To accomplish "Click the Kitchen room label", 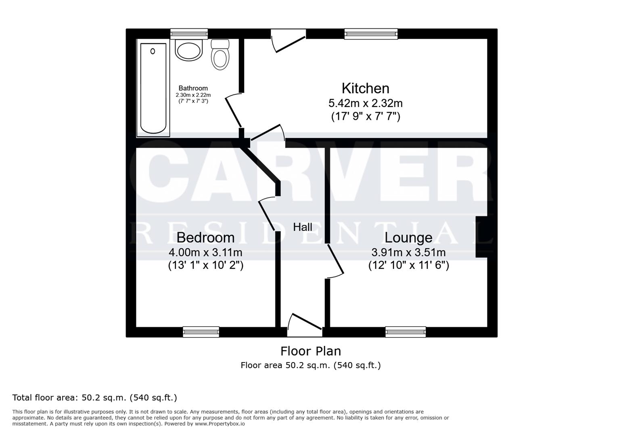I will click(365, 88).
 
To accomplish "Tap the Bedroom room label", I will click(205, 237).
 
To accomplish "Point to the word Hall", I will click(302, 227).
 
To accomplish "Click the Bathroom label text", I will click(193, 88).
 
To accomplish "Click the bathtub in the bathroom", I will click(153, 89).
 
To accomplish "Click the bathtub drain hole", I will click(153, 51).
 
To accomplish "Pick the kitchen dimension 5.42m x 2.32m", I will click(365, 103).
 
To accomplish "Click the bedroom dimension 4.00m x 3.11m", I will click(205, 252).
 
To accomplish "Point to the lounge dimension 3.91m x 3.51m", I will click(408, 252).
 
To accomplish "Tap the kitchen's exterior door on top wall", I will click(288, 40).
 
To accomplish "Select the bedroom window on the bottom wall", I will click(201, 332).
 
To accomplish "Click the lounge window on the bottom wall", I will click(405, 332).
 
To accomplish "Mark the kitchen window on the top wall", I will click(370, 34).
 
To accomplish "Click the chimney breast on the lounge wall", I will click(481, 237).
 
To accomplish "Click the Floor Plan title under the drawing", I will click(310, 351).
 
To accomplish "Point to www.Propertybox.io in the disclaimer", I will click(220, 424).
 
